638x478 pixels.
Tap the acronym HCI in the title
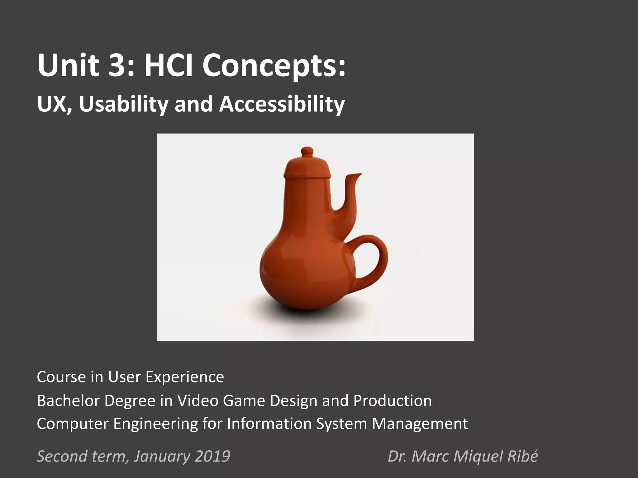coord(169,66)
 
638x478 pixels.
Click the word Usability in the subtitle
coord(123,104)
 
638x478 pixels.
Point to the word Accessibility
coord(282,104)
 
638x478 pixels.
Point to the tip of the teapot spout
coord(358,175)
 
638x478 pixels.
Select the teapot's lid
coord(307,166)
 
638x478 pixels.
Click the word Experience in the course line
coord(185,377)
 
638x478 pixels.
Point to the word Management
coord(420,424)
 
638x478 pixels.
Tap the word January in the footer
coord(162,456)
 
